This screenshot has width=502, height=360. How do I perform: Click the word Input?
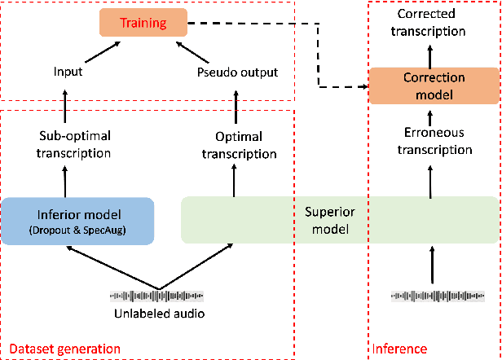68,72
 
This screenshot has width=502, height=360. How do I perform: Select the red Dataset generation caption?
64,349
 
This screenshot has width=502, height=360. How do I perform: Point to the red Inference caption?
399,349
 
